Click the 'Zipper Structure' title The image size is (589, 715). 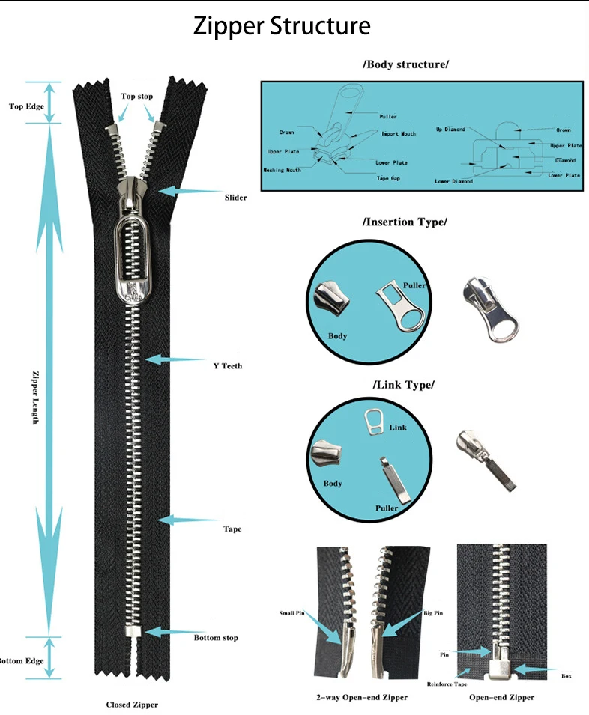pyautogui.click(x=282, y=26)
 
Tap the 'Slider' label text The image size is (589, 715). pyautogui.click(x=235, y=198)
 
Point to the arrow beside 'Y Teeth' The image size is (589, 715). pyautogui.click(x=175, y=360)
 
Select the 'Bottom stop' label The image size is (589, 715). pyautogui.click(x=217, y=638)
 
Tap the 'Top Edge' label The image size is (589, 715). pyautogui.click(x=27, y=106)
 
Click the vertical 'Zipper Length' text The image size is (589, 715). pyautogui.click(x=35, y=397)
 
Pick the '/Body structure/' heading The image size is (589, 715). pyautogui.click(x=405, y=64)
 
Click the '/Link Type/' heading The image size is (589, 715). pyautogui.click(x=403, y=385)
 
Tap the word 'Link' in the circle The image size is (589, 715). pyautogui.click(x=398, y=427)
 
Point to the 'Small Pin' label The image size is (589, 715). pyautogui.click(x=292, y=612)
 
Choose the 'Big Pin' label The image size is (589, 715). pyautogui.click(x=433, y=612)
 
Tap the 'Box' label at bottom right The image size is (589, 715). pyautogui.click(x=566, y=676)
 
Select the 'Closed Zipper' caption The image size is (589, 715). pyautogui.click(x=132, y=705)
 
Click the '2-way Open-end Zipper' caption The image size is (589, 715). pyautogui.click(x=362, y=697)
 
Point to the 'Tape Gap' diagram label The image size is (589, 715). pyautogui.click(x=388, y=178)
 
